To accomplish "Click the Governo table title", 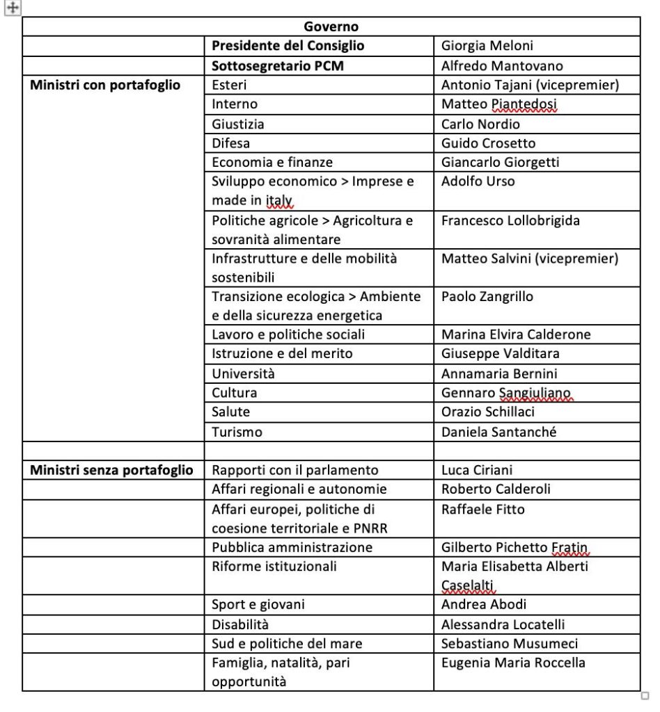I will tap(331, 27).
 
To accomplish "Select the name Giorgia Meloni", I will tap(487, 46).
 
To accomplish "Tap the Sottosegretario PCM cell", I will tap(278, 66).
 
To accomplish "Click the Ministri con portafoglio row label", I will tap(105, 85).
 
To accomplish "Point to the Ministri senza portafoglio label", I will tap(111, 470).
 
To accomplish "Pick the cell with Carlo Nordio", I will tap(480, 124).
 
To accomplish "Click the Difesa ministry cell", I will tap(231, 143).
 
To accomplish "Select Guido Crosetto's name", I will tap(489, 143).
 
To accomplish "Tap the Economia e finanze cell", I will tap(272, 162).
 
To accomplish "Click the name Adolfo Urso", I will tap(478, 181).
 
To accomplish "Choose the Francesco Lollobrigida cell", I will tap(510, 221).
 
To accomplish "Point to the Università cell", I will tap(244, 373).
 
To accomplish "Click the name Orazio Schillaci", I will tap(488, 412).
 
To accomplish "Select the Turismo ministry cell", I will tap(237, 432).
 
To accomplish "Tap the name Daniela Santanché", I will tap(499, 432).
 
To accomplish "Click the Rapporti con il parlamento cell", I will tap(295, 470).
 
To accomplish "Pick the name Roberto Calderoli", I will tap(496, 489).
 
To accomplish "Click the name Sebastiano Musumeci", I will tap(510, 643).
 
